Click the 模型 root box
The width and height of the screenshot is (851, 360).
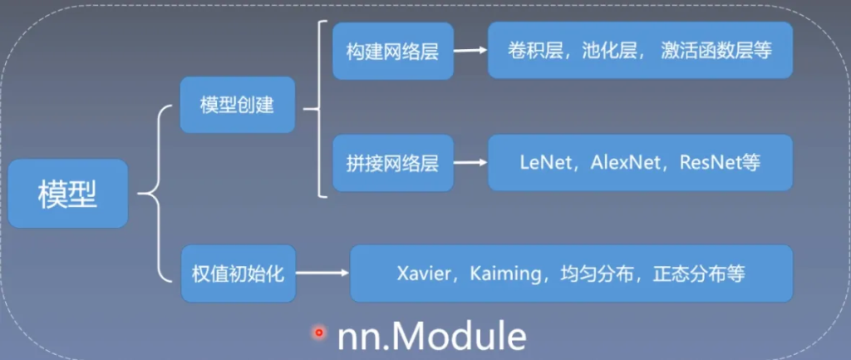67,195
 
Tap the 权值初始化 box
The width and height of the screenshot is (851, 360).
237,273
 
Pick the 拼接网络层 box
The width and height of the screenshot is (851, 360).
392,162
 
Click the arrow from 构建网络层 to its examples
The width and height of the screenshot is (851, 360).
470,51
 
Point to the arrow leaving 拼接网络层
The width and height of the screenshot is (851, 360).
470,162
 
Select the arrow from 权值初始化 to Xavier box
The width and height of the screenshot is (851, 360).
321,273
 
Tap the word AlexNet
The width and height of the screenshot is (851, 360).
624,162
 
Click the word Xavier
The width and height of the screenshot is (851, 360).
423,273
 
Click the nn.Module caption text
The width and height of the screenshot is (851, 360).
431,336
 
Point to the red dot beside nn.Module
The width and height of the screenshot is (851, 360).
317,333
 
